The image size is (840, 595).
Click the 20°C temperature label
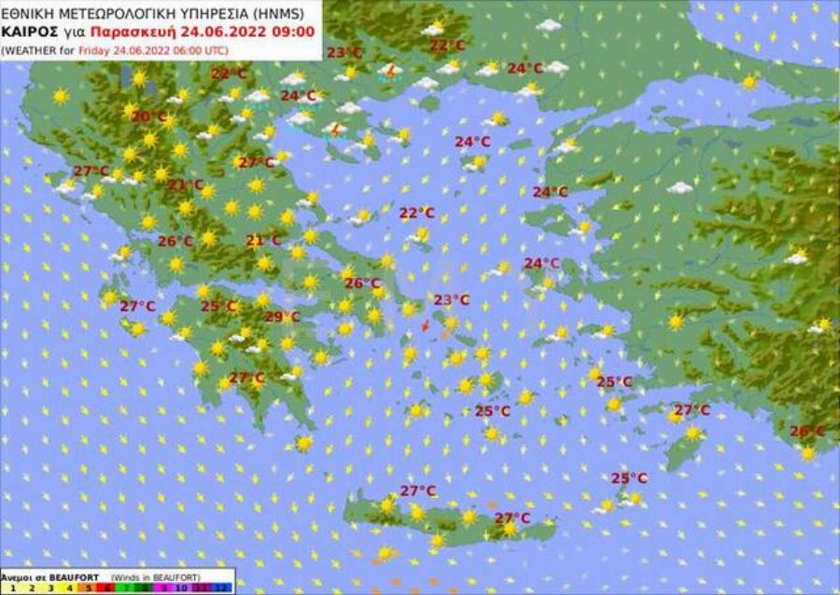(148, 117)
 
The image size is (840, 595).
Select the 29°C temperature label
(282, 317)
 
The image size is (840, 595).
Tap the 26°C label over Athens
(362, 284)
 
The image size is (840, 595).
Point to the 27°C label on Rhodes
(692, 410)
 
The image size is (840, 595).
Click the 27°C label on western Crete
(417, 491)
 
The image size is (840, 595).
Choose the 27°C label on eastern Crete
(512, 518)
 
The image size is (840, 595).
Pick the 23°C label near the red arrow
(451, 299)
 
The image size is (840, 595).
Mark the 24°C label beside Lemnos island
(472, 142)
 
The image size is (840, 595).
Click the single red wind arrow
(425, 325)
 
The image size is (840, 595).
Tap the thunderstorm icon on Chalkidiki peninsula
(333, 129)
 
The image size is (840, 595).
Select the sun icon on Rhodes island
(693, 433)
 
